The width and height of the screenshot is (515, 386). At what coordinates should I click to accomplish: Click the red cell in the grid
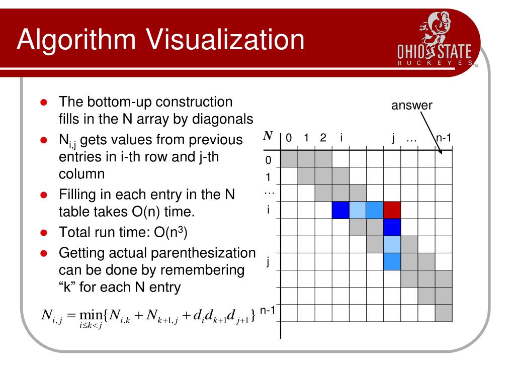point(392,210)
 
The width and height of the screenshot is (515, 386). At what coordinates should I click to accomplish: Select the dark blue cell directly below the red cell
point(392,227)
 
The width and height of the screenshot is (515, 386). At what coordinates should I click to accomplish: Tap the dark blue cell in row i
point(340,210)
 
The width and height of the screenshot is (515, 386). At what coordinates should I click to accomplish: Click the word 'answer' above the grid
point(411,105)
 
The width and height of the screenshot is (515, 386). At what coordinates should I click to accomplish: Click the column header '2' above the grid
point(323,138)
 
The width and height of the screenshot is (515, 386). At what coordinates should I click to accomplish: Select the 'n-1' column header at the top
point(444,138)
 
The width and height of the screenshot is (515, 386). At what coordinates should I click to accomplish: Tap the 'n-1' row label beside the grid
point(268,310)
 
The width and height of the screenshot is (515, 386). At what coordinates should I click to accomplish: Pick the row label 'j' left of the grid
point(268,261)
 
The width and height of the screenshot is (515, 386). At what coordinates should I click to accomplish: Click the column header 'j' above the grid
point(393,138)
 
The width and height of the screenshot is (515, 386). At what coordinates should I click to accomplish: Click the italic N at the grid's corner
point(268,136)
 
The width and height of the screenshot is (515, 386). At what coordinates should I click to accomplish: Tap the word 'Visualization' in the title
point(225,39)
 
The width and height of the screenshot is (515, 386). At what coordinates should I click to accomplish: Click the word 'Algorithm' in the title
point(76,40)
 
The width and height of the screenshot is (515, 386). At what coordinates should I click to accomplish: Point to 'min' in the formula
point(91,315)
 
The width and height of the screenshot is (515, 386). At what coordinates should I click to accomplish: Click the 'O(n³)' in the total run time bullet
point(170,232)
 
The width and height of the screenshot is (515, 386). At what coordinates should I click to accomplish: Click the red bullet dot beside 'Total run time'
point(44,233)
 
